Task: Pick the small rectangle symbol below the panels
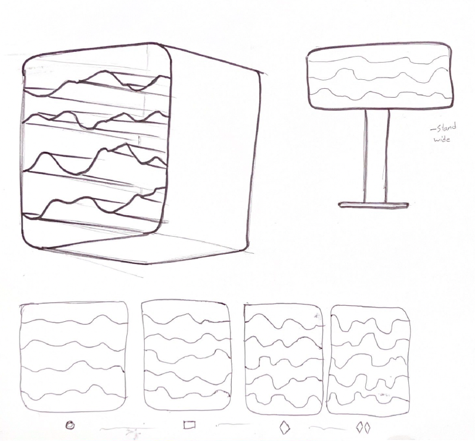(x=190, y=426)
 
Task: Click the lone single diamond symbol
(x=284, y=427)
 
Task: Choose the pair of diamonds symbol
(x=364, y=427)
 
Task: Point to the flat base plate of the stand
(x=374, y=205)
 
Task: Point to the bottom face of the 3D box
(x=149, y=247)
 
